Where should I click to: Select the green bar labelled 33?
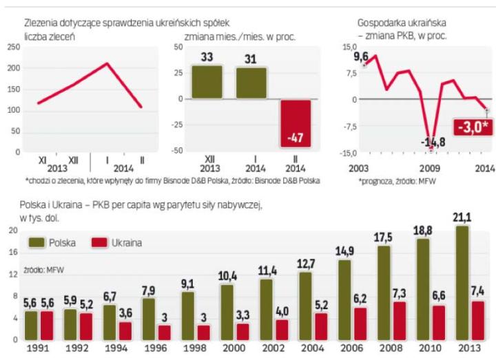coord(207,82)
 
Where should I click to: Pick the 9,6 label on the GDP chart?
coord(361,56)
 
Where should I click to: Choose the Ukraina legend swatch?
coord(100,242)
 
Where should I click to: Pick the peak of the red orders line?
coord(107,63)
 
